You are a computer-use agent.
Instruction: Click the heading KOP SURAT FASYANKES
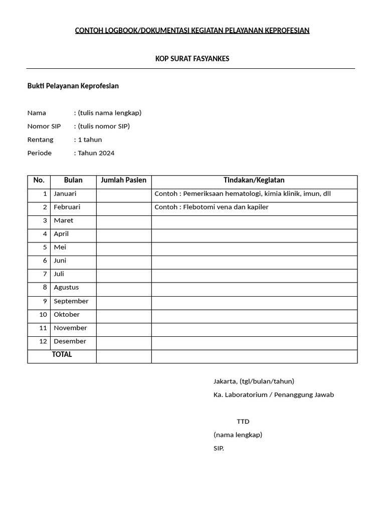tap(192, 59)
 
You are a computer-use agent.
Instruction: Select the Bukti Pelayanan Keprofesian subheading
tap(73, 86)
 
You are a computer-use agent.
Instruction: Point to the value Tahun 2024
tap(96, 153)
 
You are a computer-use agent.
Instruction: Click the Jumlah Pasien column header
tap(123, 180)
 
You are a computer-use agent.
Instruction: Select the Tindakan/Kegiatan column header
tap(254, 180)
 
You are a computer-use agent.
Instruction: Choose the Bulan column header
tap(73, 180)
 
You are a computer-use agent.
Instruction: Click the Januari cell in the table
tap(65, 194)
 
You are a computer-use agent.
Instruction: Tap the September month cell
tap(71, 301)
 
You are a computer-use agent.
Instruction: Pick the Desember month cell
tap(70, 341)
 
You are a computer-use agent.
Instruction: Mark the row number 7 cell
tap(45, 274)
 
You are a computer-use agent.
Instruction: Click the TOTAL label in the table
tap(62, 354)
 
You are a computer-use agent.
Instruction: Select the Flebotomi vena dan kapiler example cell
tap(212, 207)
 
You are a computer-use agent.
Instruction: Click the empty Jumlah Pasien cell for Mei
tap(123, 247)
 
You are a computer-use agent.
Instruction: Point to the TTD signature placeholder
tap(243, 422)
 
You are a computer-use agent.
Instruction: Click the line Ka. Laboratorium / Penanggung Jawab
tap(273, 395)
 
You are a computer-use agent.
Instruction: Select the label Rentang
tap(40, 140)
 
